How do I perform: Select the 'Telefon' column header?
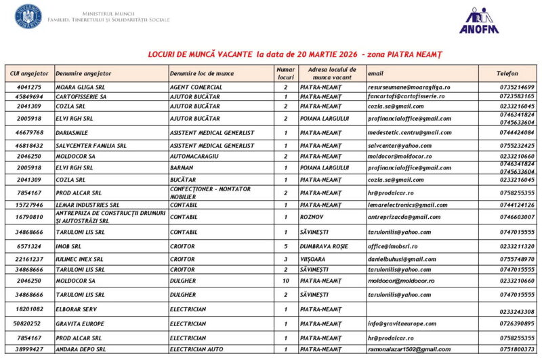click(x=507, y=73)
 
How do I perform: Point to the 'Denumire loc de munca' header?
click(x=201, y=73)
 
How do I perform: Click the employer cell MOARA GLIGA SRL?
click(x=80, y=87)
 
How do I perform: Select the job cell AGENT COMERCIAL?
click(x=196, y=87)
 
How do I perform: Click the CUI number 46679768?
click(x=29, y=132)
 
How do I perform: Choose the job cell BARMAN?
click(x=182, y=167)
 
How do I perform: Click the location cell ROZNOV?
click(x=312, y=217)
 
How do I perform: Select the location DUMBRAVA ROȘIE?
click(x=325, y=246)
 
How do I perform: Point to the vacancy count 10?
click(x=285, y=281)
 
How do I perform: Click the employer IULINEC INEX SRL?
click(x=80, y=259)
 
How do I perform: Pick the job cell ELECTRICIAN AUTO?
click(x=196, y=349)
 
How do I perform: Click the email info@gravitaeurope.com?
click(x=402, y=324)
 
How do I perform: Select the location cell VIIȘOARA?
click(x=316, y=259)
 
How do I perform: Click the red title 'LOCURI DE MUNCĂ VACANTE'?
click(x=201, y=54)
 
